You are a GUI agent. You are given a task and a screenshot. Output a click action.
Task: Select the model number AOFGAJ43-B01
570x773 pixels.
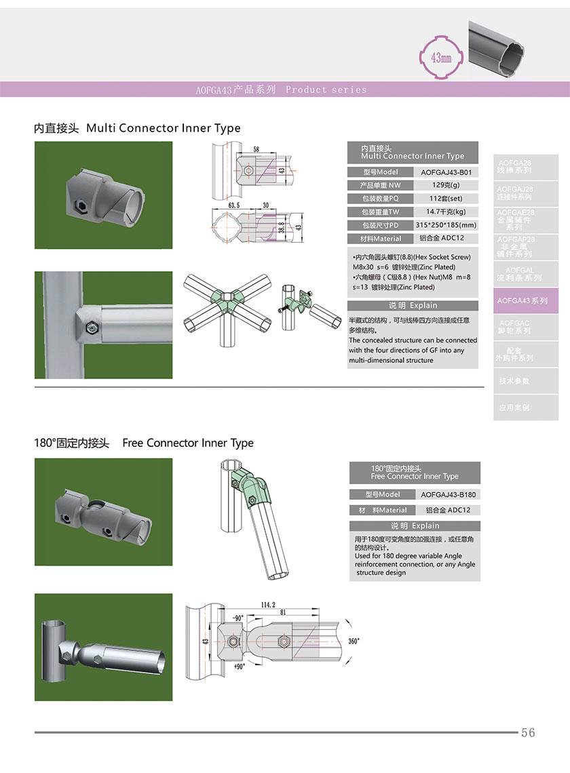[446, 172]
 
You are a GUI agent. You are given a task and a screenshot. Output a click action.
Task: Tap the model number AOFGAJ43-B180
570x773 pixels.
[448, 494]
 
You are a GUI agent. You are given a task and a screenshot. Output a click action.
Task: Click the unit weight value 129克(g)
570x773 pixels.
[446, 185]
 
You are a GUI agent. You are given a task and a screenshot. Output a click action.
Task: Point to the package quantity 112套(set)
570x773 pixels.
[446, 199]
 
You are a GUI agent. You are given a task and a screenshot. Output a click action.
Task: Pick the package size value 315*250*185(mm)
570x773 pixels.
[446, 225]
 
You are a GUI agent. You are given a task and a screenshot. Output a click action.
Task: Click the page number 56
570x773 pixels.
[528, 732]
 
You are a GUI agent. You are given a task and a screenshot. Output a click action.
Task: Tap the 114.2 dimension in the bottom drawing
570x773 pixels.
[268, 605]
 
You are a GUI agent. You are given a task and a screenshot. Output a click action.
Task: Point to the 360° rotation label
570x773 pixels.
[354, 641]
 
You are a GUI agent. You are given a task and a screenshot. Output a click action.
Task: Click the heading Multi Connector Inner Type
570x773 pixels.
[164, 128]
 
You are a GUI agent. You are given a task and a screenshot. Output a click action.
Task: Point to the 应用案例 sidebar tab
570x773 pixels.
[514, 408]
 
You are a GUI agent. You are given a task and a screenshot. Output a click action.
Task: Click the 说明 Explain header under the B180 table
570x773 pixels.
[415, 526]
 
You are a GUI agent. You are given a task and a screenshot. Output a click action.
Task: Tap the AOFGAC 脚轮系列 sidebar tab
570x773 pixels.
[514, 327]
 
